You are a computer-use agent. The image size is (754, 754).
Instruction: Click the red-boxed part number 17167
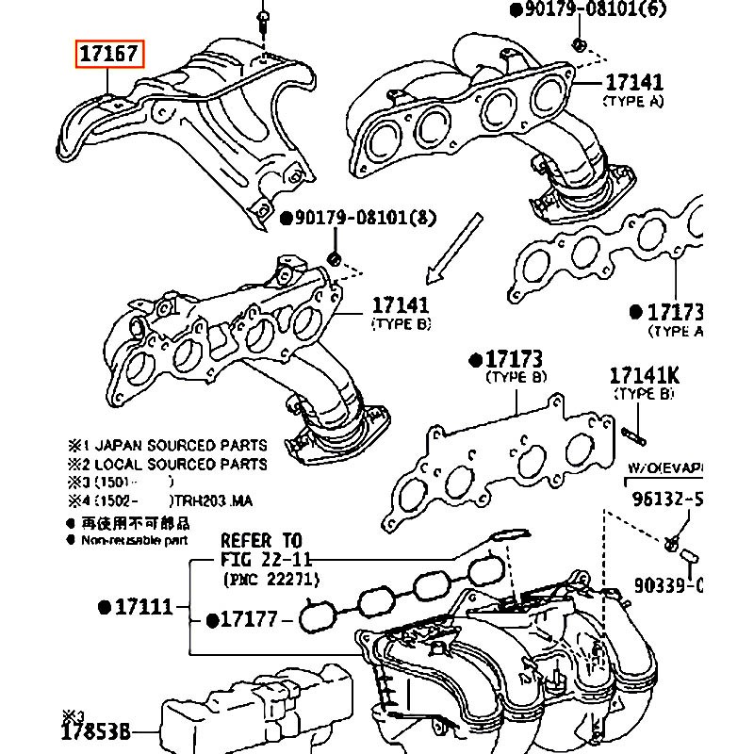(x=110, y=55)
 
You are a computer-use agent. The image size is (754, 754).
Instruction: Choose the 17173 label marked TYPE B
(x=515, y=360)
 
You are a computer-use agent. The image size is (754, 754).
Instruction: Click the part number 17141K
(x=645, y=376)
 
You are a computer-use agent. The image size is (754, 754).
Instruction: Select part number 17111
(x=142, y=607)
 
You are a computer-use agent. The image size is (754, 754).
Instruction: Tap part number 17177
(x=248, y=619)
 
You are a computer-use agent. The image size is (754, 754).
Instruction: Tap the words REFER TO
(x=261, y=541)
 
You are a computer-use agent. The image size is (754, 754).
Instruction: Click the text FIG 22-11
(x=261, y=560)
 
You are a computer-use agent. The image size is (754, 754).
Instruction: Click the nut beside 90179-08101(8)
(x=333, y=257)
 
